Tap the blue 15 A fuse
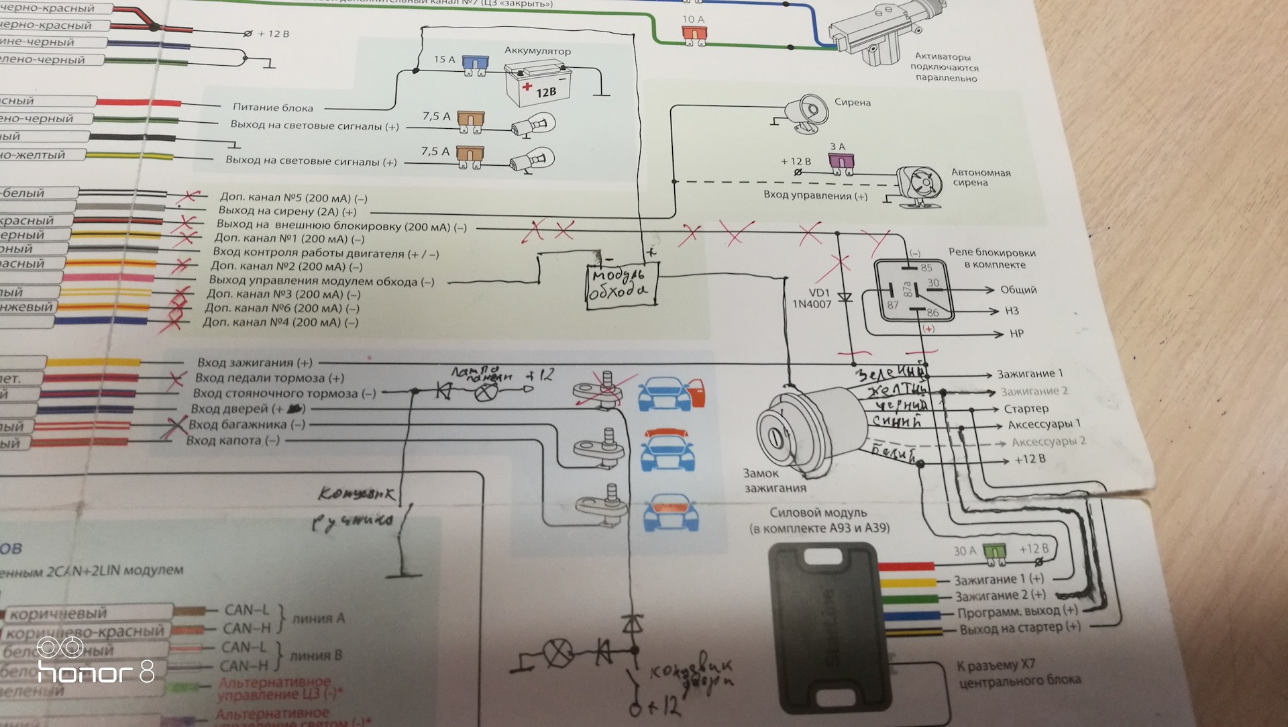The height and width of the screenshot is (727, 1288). pyautogui.click(x=475, y=64)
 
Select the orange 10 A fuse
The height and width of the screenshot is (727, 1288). pyautogui.click(x=694, y=33)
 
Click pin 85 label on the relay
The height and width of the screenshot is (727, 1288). pyautogui.click(x=926, y=268)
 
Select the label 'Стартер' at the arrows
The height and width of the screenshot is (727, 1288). pyautogui.click(x=1026, y=409)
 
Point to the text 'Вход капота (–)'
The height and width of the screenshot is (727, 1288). pyautogui.click(x=233, y=441)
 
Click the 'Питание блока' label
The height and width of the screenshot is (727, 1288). pyautogui.click(x=272, y=107)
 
